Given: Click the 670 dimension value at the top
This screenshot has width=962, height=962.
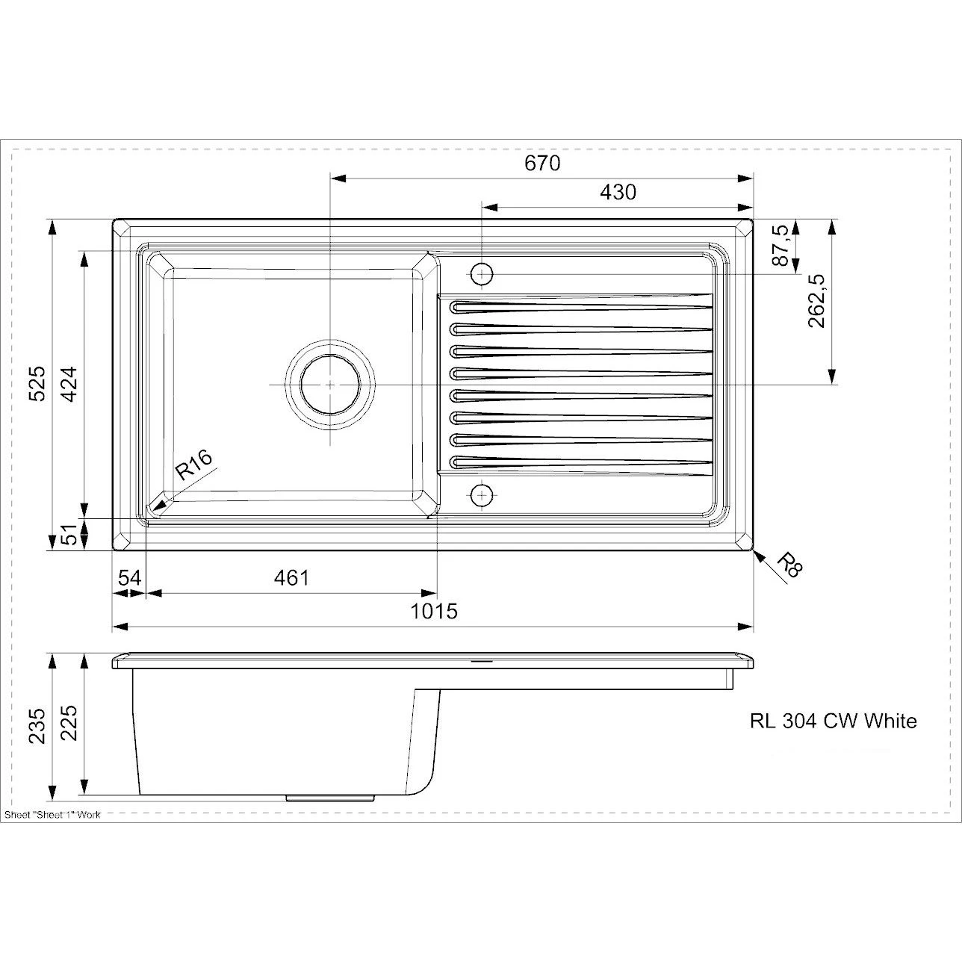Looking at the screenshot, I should tap(541, 163).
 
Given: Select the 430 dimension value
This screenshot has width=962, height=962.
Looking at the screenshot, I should tap(618, 192).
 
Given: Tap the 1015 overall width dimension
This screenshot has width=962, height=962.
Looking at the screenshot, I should tap(434, 611).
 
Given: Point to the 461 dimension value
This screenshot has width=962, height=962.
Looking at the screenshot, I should tap(291, 577).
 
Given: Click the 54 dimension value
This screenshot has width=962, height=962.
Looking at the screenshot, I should tap(129, 577).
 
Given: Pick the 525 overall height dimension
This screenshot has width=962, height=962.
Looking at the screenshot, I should tap(37, 383).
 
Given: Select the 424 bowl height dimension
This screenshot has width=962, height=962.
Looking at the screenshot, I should tap(69, 383).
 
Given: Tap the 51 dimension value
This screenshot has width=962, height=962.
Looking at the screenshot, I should tap(69, 535).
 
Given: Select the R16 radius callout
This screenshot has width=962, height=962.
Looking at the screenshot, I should tap(193, 467).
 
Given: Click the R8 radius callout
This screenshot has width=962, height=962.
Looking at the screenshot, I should tap(789, 565).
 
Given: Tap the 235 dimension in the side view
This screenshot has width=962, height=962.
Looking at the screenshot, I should tap(37, 726).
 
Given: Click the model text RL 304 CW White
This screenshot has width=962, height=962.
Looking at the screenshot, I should tap(833, 721).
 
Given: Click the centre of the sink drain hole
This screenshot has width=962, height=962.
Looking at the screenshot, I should tap(330, 384).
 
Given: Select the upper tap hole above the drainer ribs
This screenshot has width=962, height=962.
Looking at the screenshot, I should tap(482, 274).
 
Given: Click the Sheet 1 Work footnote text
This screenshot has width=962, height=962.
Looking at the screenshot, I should tap(52, 814).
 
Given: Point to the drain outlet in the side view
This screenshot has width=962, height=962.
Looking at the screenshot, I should tap(329, 798).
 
